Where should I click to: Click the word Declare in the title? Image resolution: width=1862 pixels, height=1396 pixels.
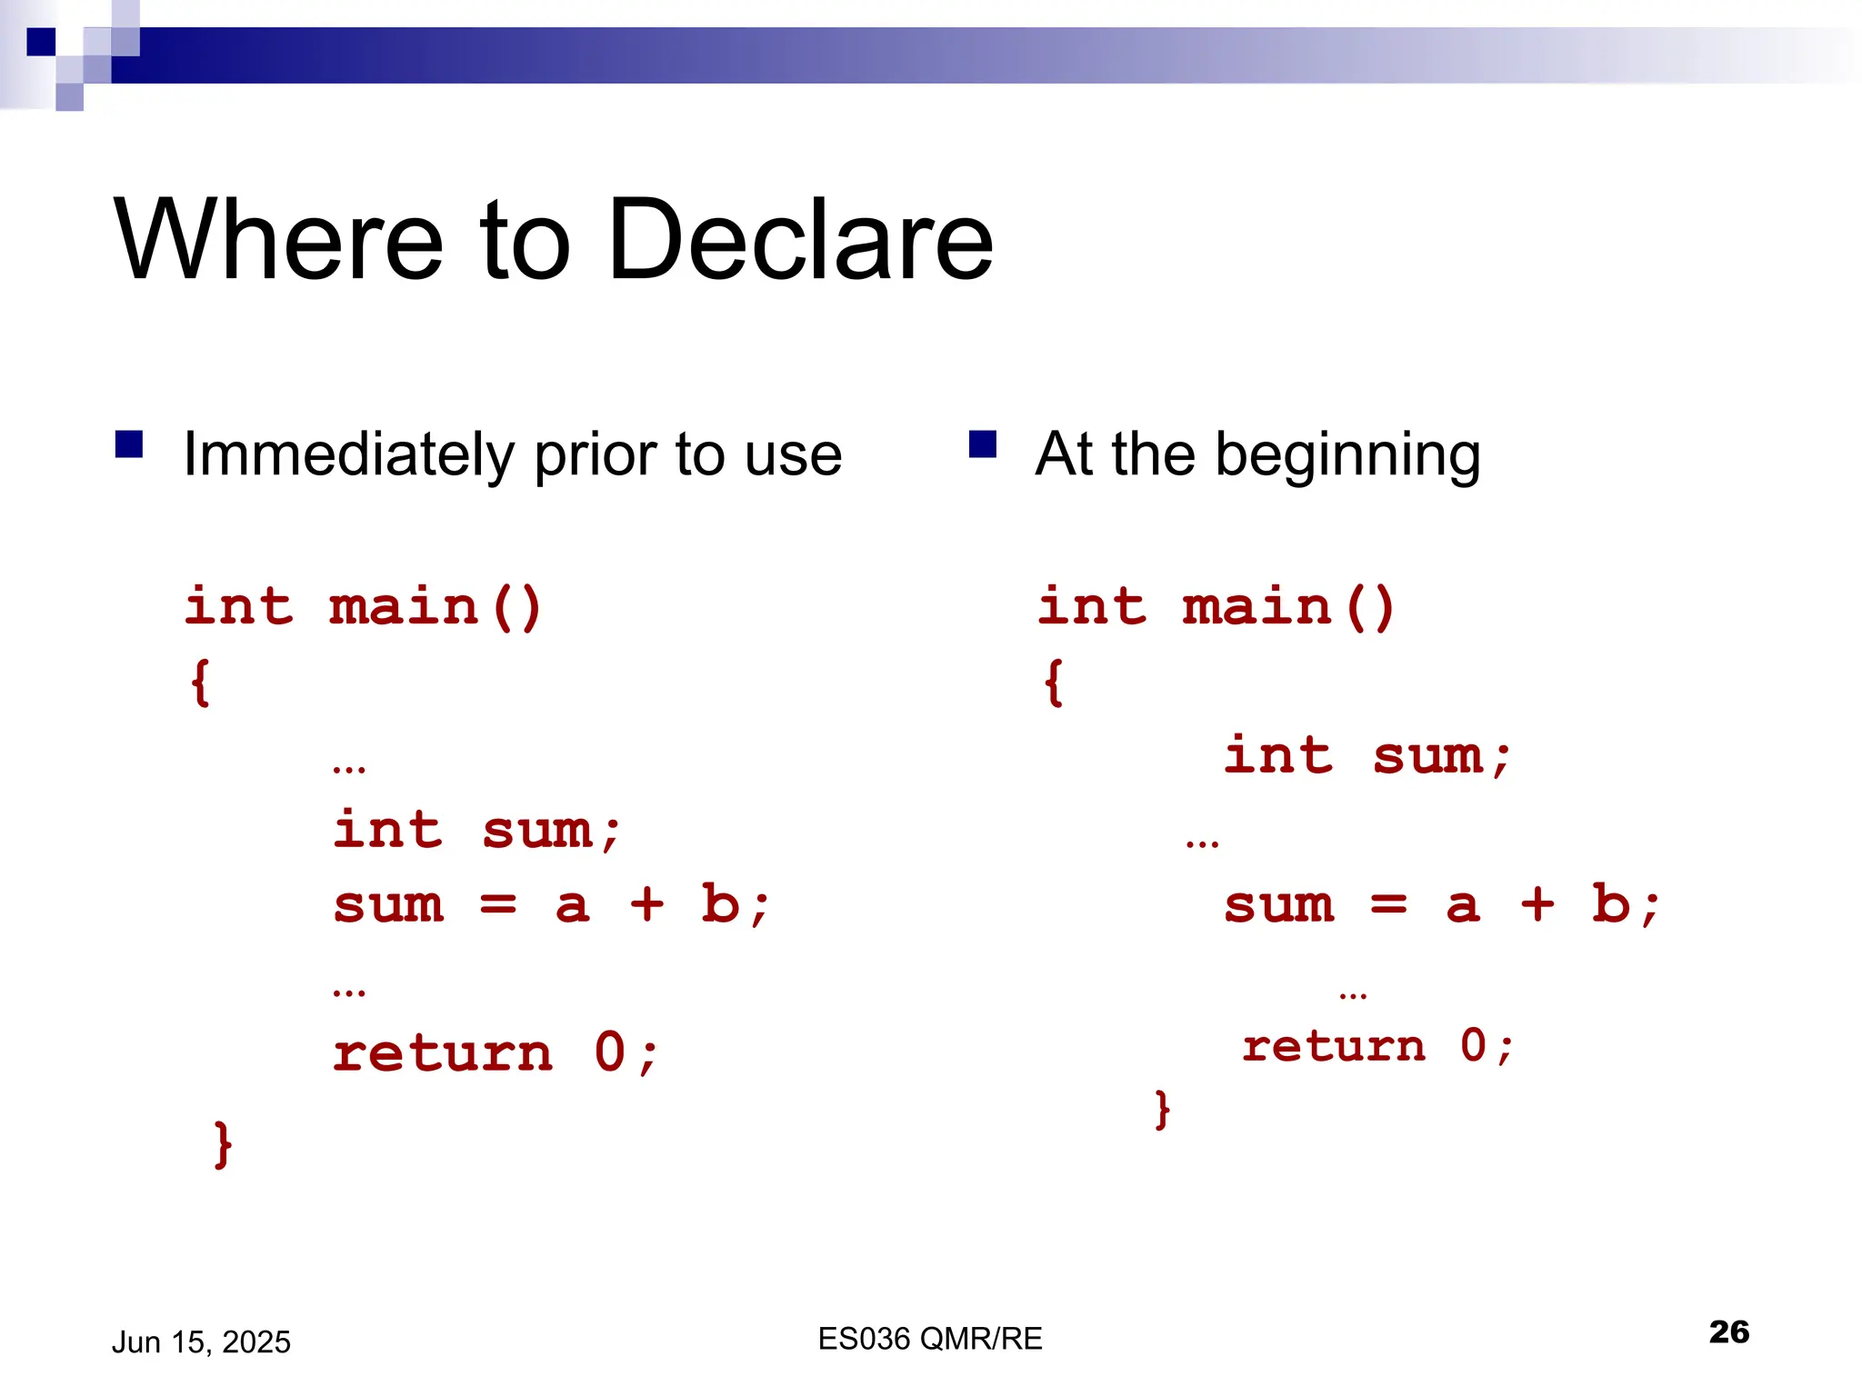pyautogui.click(x=800, y=241)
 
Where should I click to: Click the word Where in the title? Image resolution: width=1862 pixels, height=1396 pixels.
pyautogui.click(x=278, y=241)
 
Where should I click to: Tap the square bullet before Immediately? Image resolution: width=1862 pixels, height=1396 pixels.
pyautogui.click(x=129, y=444)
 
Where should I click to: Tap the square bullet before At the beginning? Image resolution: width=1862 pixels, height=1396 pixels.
pyautogui.click(x=983, y=444)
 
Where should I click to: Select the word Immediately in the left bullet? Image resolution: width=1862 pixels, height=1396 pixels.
pyautogui.click(x=348, y=454)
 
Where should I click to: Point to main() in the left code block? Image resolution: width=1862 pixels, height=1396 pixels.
pyautogui.click(x=435, y=607)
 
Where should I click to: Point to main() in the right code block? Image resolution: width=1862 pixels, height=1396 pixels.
pyautogui.click(x=1288, y=607)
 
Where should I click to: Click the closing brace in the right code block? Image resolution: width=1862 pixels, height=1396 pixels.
pyautogui.click(x=1162, y=1109)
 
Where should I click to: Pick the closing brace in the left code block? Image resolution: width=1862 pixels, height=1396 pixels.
pyautogui.click(x=223, y=1144)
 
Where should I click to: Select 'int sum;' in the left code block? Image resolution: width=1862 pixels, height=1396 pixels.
pyautogui.click(x=476, y=830)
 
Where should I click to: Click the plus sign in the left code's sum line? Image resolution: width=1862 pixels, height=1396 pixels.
pyautogui.click(x=646, y=904)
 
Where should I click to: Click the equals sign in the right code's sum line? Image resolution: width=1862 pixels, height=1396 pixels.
pyautogui.click(x=1388, y=904)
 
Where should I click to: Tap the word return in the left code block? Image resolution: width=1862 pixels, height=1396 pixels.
pyautogui.click(x=443, y=1053)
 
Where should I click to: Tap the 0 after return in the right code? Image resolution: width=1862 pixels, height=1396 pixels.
pyautogui.click(x=1473, y=1046)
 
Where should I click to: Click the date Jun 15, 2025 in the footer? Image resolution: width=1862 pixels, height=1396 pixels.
pyautogui.click(x=201, y=1342)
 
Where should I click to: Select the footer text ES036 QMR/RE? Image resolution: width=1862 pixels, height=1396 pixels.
pyautogui.click(x=929, y=1339)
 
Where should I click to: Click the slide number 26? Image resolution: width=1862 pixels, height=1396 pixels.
pyautogui.click(x=1728, y=1332)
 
